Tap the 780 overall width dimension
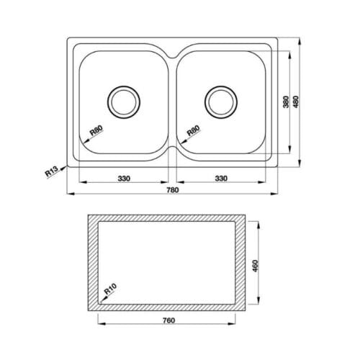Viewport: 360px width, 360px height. (172, 191)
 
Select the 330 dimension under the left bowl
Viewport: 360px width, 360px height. (123, 177)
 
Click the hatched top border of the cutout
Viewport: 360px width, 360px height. (172, 217)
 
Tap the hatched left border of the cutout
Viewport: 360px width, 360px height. (93, 264)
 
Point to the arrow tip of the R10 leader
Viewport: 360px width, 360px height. (99, 302)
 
